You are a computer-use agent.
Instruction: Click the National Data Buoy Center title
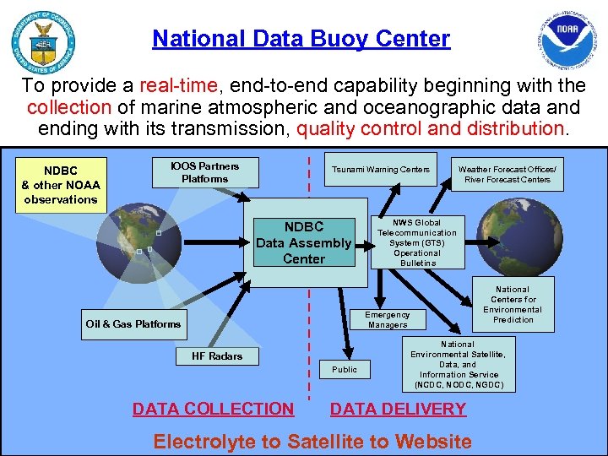tap(301, 39)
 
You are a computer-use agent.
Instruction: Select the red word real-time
tap(176, 86)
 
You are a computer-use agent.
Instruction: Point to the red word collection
tap(68, 108)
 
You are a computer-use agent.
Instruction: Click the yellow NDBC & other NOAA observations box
tap(61, 185)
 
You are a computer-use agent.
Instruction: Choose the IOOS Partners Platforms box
tap(204, 172)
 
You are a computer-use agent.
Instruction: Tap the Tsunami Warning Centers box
tap(381, 170)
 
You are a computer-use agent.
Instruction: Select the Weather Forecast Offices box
tap(507, 174)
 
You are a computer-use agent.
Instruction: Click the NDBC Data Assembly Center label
tap(304, 243)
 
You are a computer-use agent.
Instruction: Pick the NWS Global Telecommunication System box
tap(416, 243)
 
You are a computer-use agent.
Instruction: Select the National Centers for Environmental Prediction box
tap(513, 304)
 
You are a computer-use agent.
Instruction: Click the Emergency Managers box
tap(388, 319)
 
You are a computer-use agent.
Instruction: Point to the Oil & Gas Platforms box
tap(133, 324)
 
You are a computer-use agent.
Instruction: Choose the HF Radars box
tap(217, 356)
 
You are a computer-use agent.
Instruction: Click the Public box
tap(345, 369)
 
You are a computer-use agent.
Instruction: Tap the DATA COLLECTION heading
tap(213, 410)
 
